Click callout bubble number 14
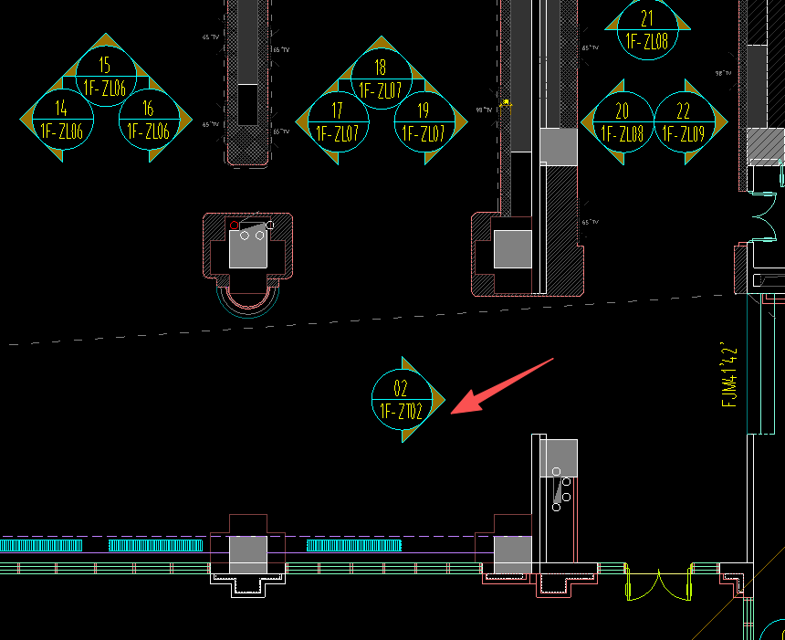(x=61, y=110)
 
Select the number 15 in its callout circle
(x=105, y=65)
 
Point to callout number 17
(x=338, y=111)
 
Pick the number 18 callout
(x=381, y=68)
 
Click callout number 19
(x=424, y=111)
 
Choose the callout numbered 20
(x=623, y=112)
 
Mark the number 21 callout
(x=647, y=18)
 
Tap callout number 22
(x=685, y=112)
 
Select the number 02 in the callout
(x=401, y=388)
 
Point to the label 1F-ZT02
(x=402, y=412)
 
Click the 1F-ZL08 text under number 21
(x=647, y=41)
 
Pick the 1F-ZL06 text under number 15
(x=105, y=88)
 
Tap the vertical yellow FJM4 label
(x=729, y=374)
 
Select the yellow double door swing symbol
(x=658, y=584)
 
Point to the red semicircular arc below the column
(x=248, y=300)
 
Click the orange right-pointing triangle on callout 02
(x=437, y=400)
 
